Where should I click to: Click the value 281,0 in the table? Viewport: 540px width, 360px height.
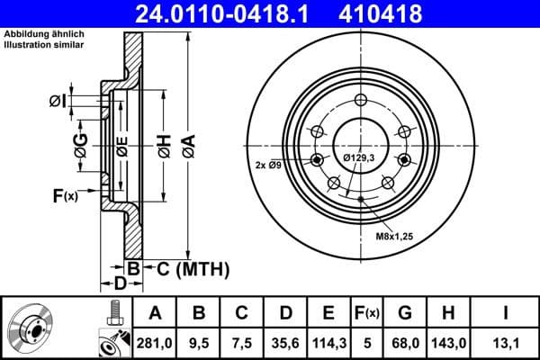[156, 340]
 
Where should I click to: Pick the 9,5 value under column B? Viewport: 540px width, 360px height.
[200, 340]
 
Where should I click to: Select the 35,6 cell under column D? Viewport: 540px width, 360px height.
[284, 340]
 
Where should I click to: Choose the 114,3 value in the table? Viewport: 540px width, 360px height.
[328, 340]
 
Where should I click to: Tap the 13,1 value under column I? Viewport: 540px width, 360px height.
[506, 340]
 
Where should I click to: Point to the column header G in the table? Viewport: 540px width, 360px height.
[405, 313]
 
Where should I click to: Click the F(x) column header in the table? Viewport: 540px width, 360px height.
[366, 313]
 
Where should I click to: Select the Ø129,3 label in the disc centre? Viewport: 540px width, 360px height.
[361, 158]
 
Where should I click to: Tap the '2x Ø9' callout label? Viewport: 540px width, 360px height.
[269, 165]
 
